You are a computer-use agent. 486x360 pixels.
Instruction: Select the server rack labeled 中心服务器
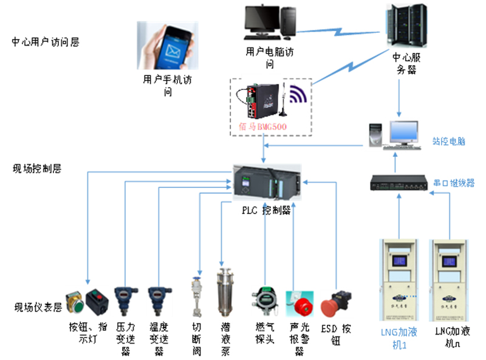coord(405,27)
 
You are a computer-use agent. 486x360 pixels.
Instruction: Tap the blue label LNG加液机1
coord(397,337)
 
